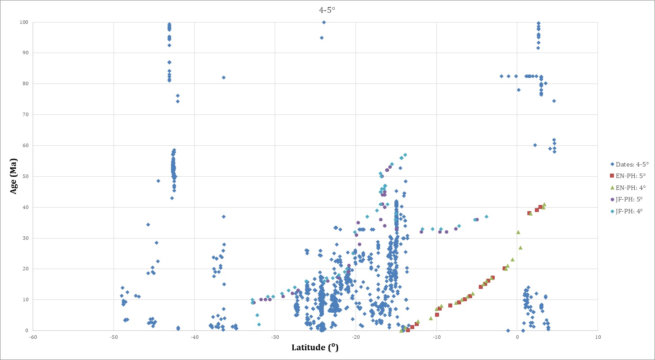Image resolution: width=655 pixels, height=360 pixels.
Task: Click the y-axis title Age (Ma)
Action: [x=14, y=176]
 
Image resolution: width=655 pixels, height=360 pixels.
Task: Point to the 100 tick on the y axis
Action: [x=23, y=22]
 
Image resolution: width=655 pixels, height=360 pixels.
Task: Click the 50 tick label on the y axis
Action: [x=25, y=177]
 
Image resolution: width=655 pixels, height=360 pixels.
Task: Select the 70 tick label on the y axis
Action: [x=25, y=115]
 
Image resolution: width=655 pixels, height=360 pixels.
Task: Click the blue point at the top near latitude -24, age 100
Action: [x=324, y=22]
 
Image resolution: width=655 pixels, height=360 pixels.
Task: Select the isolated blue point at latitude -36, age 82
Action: [x=223, y=77]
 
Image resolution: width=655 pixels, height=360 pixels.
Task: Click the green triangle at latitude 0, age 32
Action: [x=518, y=232]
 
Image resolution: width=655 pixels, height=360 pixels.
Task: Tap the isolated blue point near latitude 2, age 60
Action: [x=535, y=145]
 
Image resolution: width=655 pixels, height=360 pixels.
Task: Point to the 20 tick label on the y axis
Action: [x=25, y=269]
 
